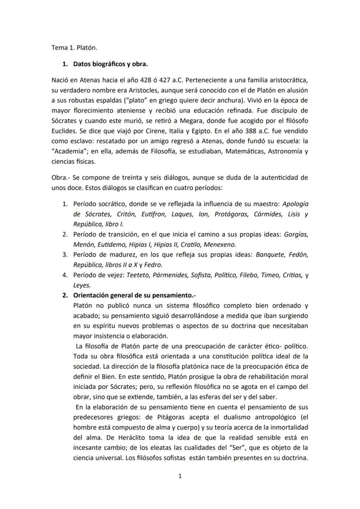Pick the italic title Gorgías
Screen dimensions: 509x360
296,234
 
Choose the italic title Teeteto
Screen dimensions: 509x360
139,275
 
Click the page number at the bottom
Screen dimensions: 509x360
180,476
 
